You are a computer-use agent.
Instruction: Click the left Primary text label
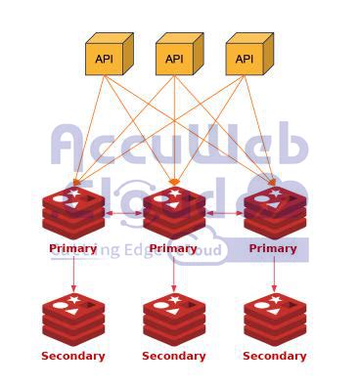pos(73,249)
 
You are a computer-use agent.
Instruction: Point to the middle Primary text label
pos(173,249)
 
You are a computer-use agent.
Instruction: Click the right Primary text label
pos(273,249)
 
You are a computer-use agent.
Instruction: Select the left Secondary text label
pos(73,357)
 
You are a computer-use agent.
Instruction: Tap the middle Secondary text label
pos(174,357)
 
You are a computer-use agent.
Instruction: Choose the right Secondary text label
pos(274,357)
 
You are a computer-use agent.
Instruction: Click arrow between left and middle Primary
pos(124,212)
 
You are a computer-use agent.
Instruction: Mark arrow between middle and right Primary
pos(224,212)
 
